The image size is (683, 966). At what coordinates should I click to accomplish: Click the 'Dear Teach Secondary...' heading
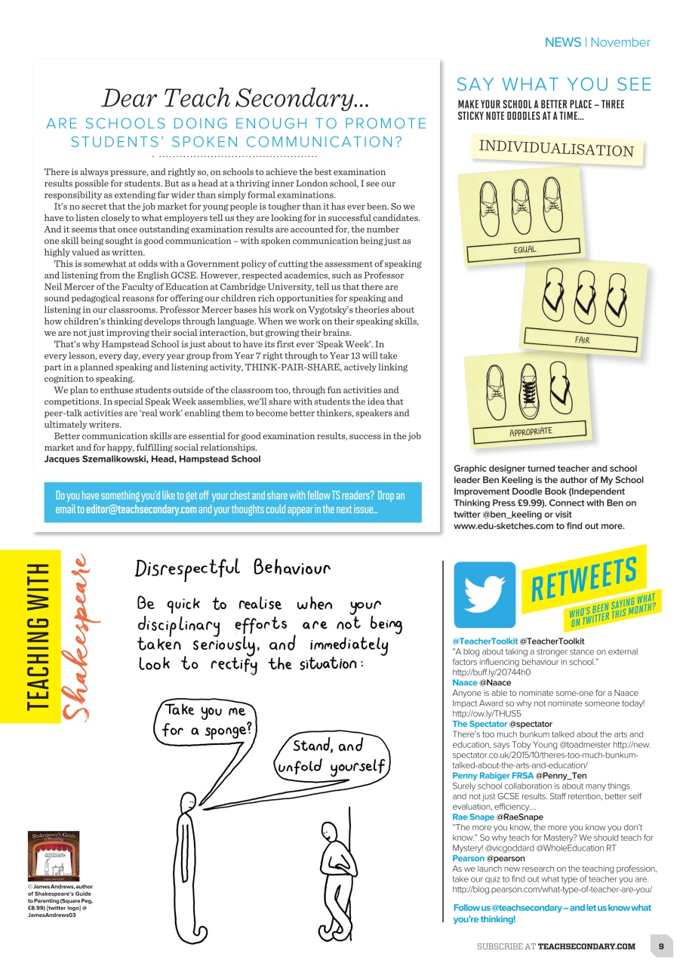point(235,97)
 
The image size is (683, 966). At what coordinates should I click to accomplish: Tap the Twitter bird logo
point(485,594)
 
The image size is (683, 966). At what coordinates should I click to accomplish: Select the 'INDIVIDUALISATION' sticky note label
point(557,148)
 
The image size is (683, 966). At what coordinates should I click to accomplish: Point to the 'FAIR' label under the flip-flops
point(582,340)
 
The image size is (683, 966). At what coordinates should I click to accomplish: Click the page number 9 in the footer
point(660,946)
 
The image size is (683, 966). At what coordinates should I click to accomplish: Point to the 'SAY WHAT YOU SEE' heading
point(554,85)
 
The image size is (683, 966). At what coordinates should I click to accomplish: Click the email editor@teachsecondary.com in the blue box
point(136,509)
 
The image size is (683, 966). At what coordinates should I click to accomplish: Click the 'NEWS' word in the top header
point(562,42)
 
